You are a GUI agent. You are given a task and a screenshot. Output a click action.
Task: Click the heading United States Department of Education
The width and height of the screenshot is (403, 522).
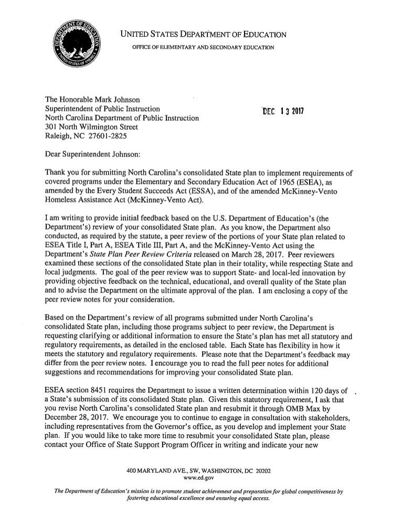(x=204, y=35)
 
